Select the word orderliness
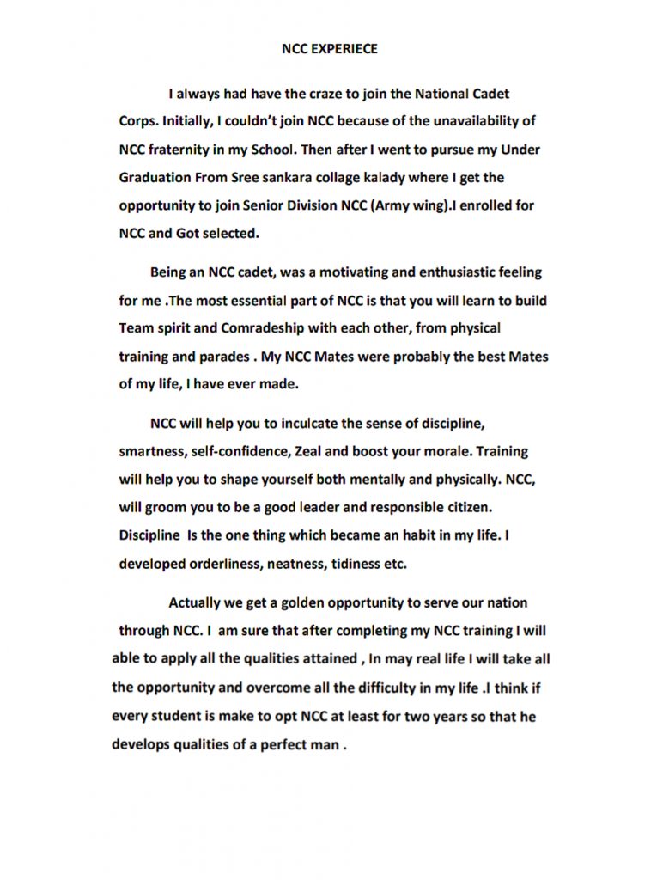coord(220,564)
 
